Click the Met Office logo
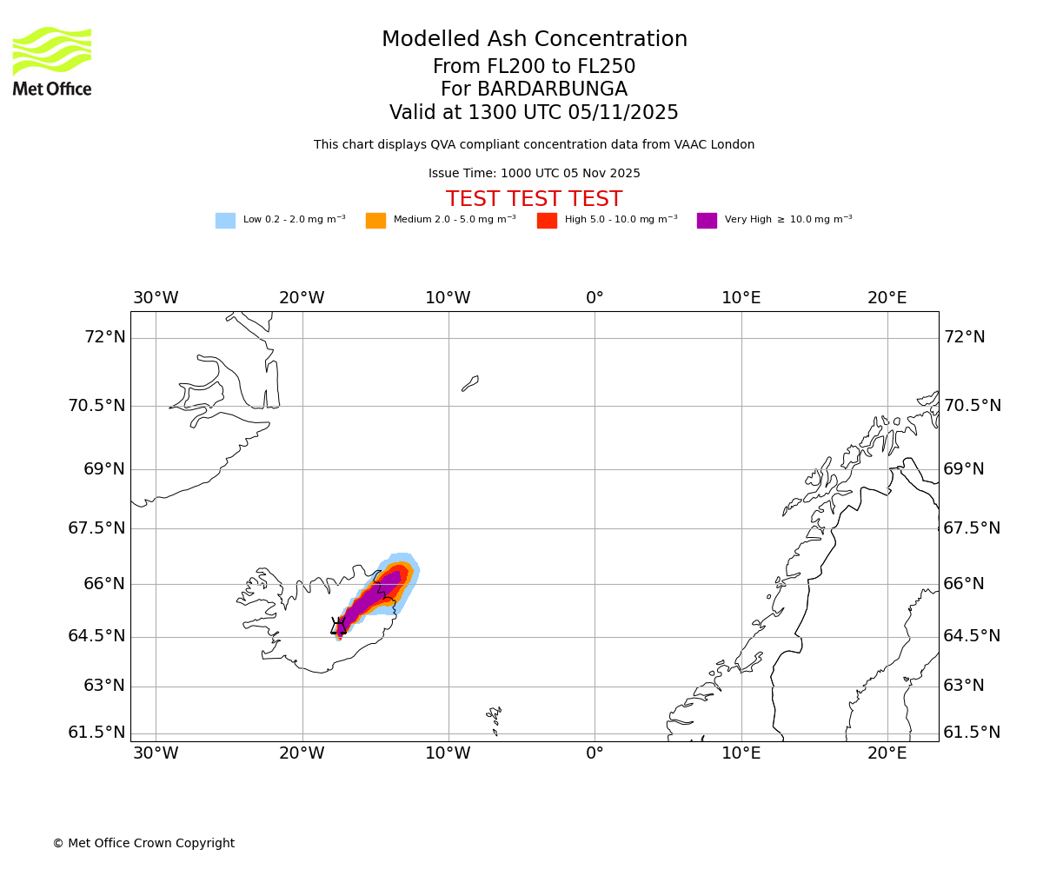[x=52, y=61]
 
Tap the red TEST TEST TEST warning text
[x=534, y=199]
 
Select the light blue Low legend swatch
[x=225, y=220]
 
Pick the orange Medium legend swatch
[x=375, y=220]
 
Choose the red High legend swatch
[x=547, y=220]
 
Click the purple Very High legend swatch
[x=707, y=220]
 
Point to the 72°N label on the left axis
[x=104, y=337]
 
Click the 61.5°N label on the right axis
[x=973, y=733]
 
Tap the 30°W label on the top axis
[x=156, y=298]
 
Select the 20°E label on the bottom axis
[x=887, y=753]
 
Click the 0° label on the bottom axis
[x=595, y=753]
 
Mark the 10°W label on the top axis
[x=448, y=298]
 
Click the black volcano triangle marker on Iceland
[x=339, y=627]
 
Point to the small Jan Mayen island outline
[x=470, y=383]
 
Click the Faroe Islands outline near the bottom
[x=495, y=718]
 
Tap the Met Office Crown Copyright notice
[x=143, y=843]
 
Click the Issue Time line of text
[x=534, y=173]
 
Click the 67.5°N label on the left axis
[x=96, y=528]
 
